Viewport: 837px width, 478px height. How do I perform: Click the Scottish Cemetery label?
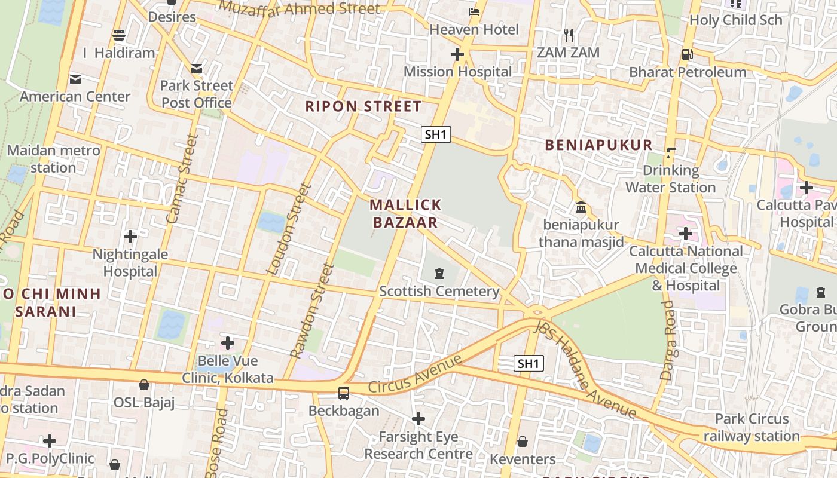pos(439,291)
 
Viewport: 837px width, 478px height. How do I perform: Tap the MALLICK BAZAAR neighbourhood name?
pos(405,214)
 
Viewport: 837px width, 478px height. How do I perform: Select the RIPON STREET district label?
pos(363,106)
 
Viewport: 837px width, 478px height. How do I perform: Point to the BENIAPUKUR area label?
pos(598,145)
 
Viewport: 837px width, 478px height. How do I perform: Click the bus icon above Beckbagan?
pos(344,393)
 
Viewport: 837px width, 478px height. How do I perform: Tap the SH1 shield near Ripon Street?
pos(435,134)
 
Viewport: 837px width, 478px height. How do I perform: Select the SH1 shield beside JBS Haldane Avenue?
pos(529,363)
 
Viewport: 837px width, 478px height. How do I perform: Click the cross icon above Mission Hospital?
pos(457,55)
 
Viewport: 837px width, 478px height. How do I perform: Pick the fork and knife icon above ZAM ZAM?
pos(568,35)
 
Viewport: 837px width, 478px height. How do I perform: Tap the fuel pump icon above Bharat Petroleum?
pos(687,54)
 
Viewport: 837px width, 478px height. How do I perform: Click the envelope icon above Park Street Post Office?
pos(197,68)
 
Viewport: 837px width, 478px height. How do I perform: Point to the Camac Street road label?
pos(181,179)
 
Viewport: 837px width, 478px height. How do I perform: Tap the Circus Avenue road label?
pos(415,374)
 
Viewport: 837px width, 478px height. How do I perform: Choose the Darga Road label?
pos(667,341)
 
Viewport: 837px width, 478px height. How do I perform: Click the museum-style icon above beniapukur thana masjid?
pos(581,207)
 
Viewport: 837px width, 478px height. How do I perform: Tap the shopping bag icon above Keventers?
pos(523,442)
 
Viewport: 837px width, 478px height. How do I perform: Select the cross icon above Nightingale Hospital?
pos(130,237)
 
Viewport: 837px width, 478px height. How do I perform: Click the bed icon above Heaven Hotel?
pos(474,11)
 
